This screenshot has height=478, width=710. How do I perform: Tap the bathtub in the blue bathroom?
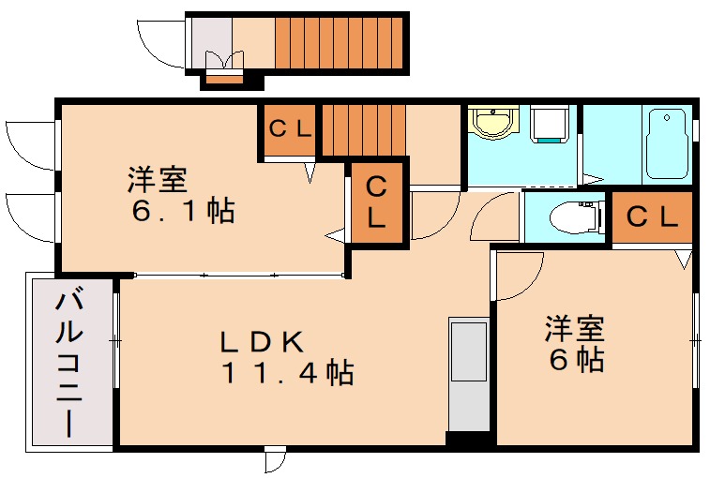coord(667,144)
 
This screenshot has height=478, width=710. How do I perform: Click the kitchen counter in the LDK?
coord(468,375)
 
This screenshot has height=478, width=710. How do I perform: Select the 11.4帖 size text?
coord(287,373)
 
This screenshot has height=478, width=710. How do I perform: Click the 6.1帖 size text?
coord(183,211)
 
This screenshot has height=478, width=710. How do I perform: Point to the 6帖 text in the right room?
coord(575,360)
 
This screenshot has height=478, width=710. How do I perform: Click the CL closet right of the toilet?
coord(651,217)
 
